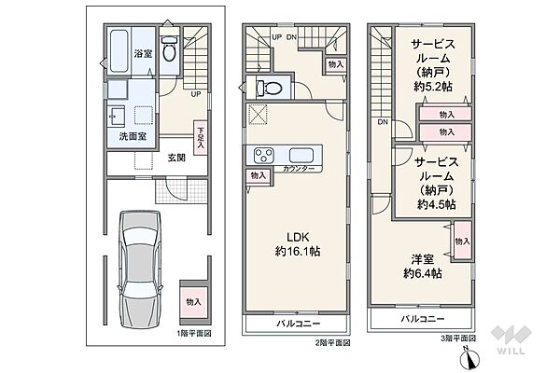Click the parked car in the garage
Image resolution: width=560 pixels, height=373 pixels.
[140, 269]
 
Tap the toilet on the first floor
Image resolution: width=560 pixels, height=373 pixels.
[169, 49]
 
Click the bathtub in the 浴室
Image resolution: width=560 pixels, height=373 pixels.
[119, 51]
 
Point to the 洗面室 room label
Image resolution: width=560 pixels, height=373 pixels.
[133, 136]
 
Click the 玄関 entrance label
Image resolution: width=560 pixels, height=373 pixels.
[176, 158]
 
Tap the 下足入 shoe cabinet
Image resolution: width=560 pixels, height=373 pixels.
[201, 137]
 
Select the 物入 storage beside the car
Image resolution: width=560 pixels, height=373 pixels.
[193, 302]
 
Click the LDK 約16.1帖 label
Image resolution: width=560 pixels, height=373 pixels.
[298, 244]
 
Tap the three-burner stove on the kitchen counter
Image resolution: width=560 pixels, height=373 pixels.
[264, 156]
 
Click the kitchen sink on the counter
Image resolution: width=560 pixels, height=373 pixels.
[301, 156]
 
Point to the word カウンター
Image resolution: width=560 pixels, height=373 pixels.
[299, 169]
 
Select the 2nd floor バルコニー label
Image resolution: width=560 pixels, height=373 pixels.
[299, 324]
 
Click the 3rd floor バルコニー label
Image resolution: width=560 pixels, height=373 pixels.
[423, 319]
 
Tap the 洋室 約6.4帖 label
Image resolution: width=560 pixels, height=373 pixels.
[423, 267]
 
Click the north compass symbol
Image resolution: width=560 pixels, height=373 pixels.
[469, 358]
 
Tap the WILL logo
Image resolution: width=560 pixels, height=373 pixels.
[511, 340]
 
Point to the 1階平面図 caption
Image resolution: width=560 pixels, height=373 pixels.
[194, 334]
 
